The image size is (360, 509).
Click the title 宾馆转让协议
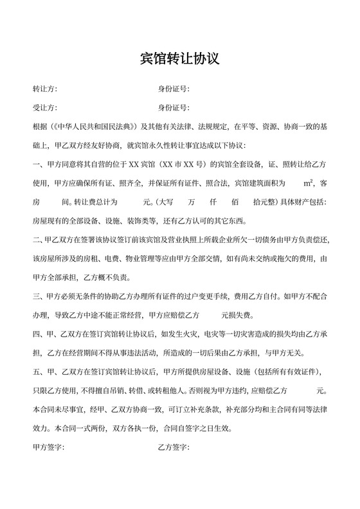[x=180, y=59]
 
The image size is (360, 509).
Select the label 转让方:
[x=44, y=89]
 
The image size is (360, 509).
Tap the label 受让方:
[x=44, y=107]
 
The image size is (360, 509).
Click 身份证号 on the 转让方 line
[x=172, y=89]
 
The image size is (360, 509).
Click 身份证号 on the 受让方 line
[x=172, y=107]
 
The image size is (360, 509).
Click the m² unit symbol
[x=308, y=183]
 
